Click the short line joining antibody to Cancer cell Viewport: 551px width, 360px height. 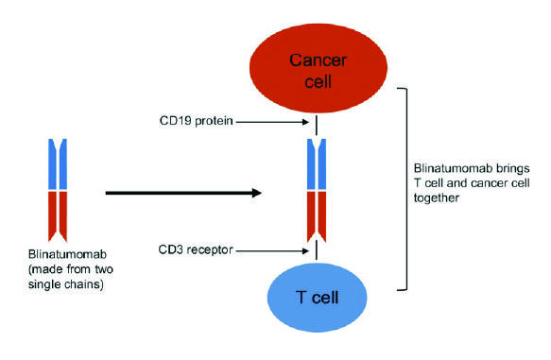pyautogui.click(x=316, y=127)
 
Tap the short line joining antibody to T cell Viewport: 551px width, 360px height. pyautogui.click(x=316, y=252)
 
